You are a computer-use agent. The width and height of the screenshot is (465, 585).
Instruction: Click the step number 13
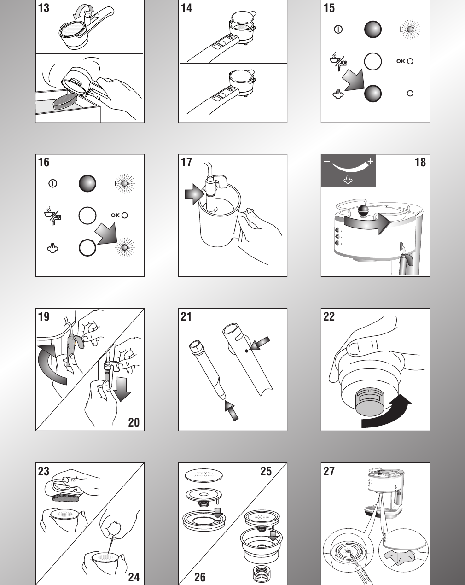(43, 8)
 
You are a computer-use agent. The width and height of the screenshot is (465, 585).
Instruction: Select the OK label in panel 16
(115, 215)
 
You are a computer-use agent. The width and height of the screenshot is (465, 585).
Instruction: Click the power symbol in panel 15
(338, 29)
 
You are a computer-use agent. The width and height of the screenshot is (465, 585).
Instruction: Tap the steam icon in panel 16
(53, 248)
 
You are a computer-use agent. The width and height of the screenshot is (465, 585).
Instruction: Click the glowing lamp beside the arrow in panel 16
(123, 248)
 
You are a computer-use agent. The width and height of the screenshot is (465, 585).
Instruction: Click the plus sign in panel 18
(370, 161)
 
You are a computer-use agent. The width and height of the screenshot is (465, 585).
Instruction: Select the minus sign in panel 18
(327, 162)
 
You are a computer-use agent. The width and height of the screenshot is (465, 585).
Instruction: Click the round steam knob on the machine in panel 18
(363, 211)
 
